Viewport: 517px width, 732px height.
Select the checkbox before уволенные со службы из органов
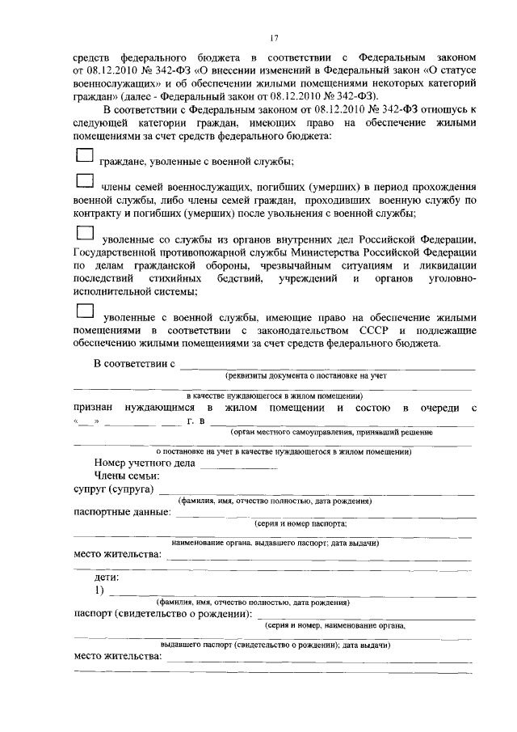pos(85,234)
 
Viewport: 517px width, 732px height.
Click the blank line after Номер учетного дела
pos(238,466)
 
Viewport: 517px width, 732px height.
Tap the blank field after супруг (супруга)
pos(315,492)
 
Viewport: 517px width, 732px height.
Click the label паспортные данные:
pos(122,512)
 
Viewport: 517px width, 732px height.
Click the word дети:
pos(107,578)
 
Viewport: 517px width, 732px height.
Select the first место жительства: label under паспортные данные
pos(117,555)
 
